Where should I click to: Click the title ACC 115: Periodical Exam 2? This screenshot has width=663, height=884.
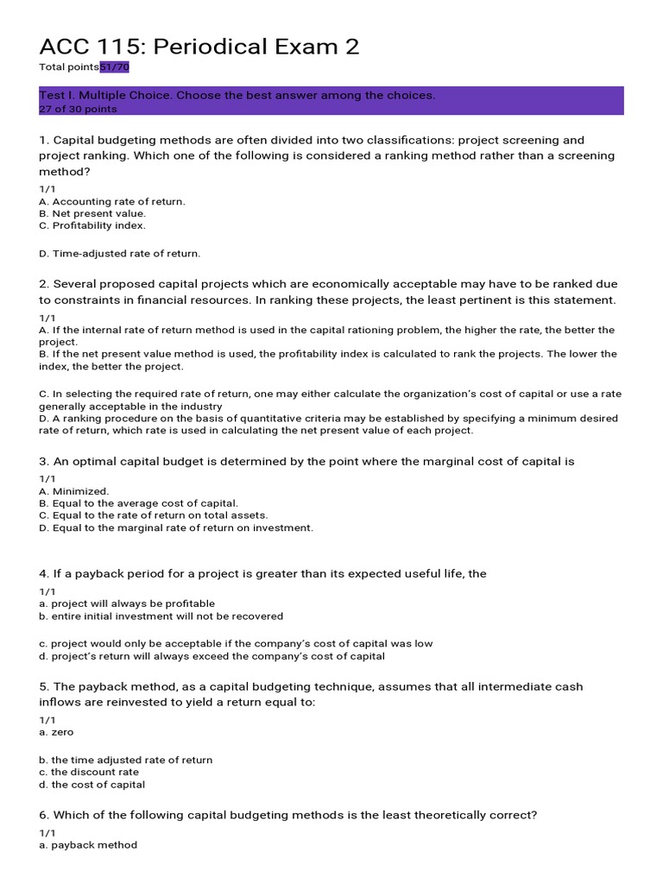pos(199,47)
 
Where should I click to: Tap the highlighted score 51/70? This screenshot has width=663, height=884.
pos(115,67)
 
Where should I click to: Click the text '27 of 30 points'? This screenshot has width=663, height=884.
pos(78,110)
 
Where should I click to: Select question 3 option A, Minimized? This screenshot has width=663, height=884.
pos(74,491)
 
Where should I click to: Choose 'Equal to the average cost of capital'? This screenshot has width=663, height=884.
pos(138,503)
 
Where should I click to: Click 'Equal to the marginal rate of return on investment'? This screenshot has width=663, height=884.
pos(176,527)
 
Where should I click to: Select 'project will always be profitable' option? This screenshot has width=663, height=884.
pos(127,603)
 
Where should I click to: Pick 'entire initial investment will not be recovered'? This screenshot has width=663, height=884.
pos(161,616)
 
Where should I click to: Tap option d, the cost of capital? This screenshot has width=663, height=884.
pos(92,785)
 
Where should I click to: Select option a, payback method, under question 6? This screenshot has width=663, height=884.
pos(88,845)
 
